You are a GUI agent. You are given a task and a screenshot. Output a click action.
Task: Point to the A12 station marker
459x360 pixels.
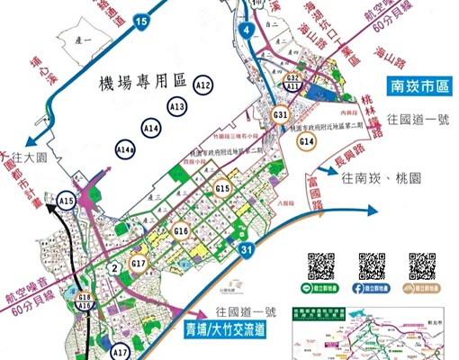[202, 85]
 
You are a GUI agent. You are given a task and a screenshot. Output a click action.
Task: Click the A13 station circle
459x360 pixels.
[176, 107]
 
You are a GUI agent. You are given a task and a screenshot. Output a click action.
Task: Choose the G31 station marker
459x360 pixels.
[280, 115]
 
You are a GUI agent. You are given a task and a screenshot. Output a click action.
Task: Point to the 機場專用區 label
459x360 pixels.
[144, 84]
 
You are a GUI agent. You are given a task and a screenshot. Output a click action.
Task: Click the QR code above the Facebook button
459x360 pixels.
[372, 265]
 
